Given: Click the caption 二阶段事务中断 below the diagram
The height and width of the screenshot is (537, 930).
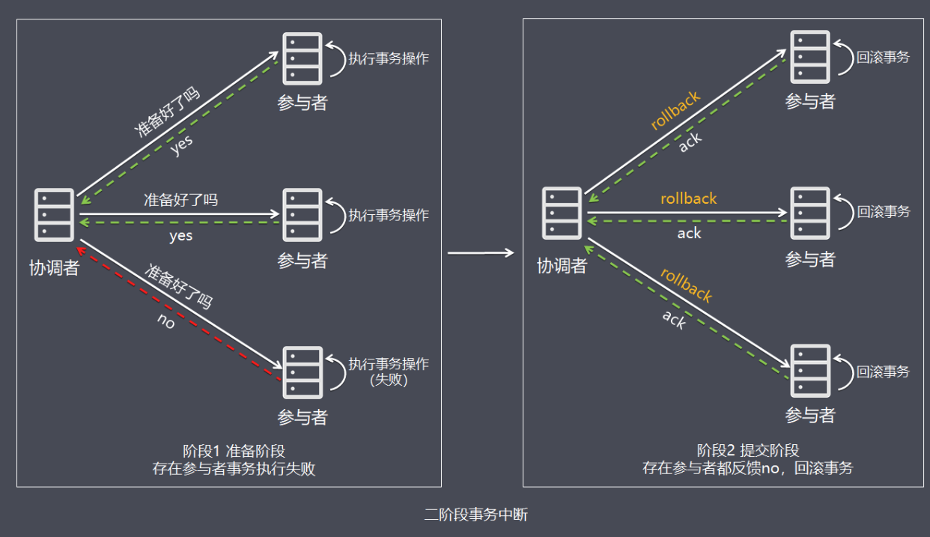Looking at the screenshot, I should tap(475, 515).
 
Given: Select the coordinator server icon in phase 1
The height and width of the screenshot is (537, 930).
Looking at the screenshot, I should tap(55, 215).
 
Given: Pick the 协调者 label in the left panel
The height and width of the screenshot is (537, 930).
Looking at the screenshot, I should tap(55, 268).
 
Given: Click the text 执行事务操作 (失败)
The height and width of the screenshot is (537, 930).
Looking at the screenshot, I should tap(388, 371).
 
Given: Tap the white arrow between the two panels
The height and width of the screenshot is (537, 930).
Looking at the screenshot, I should tap(481, 253).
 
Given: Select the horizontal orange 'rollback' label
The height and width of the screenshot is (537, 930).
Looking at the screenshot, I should tap(688, 198).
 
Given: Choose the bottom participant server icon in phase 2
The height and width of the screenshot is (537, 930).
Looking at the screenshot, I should tap(810, 371).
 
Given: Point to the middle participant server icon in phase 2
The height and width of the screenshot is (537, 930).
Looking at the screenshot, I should tap(810, 213).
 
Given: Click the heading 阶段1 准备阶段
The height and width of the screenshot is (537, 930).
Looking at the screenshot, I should tap(234, 452).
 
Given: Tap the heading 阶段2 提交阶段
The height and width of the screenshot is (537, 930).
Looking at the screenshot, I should tap(747, 451).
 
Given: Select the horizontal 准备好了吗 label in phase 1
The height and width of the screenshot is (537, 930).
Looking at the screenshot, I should tap(180, 200).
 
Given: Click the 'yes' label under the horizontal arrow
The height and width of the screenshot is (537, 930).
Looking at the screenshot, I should tap(180, 236).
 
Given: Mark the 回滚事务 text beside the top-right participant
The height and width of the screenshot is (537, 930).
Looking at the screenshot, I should tap(884, 56).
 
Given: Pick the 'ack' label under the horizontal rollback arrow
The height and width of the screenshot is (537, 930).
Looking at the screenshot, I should tap(689, 234).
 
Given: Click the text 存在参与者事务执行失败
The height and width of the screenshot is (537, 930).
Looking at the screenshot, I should tap(234, 470).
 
